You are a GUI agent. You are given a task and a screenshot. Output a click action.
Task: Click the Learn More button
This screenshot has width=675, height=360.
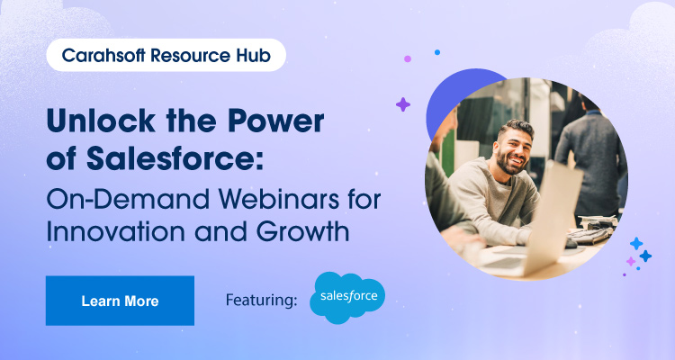120,301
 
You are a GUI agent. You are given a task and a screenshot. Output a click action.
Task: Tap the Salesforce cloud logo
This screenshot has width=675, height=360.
347,298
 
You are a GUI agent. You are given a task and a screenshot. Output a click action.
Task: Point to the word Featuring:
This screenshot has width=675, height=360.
262,301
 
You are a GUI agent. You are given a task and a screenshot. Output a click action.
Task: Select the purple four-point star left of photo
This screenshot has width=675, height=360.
402,104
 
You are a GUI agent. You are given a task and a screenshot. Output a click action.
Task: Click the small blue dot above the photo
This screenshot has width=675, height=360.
437,52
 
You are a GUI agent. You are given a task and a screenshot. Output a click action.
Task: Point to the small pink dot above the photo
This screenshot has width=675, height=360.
408,58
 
